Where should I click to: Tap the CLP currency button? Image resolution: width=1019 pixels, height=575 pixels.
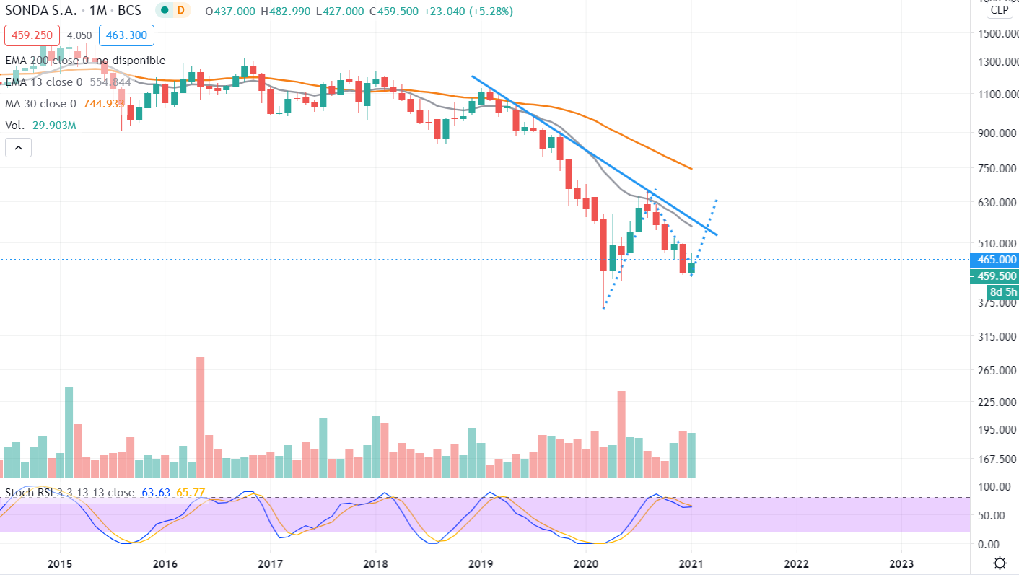pyautogui.click(x=1000, y=10)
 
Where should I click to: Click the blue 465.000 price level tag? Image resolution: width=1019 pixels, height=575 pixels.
pyautogui.click(x=997, y=260)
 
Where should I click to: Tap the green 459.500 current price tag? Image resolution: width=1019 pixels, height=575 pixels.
pyautogui.click(x=997, y=276)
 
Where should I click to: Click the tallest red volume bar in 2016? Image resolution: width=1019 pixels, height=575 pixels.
pyautogui.click(x=200, y=416)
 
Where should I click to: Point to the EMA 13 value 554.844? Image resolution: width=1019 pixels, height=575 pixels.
pyautogui.click(x=110, y=82)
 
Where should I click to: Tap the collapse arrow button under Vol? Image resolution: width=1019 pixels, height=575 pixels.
pyautogui.click(x=18, y=149)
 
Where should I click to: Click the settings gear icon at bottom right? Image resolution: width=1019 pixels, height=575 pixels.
pyautogui.click(x=1000, y=563)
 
